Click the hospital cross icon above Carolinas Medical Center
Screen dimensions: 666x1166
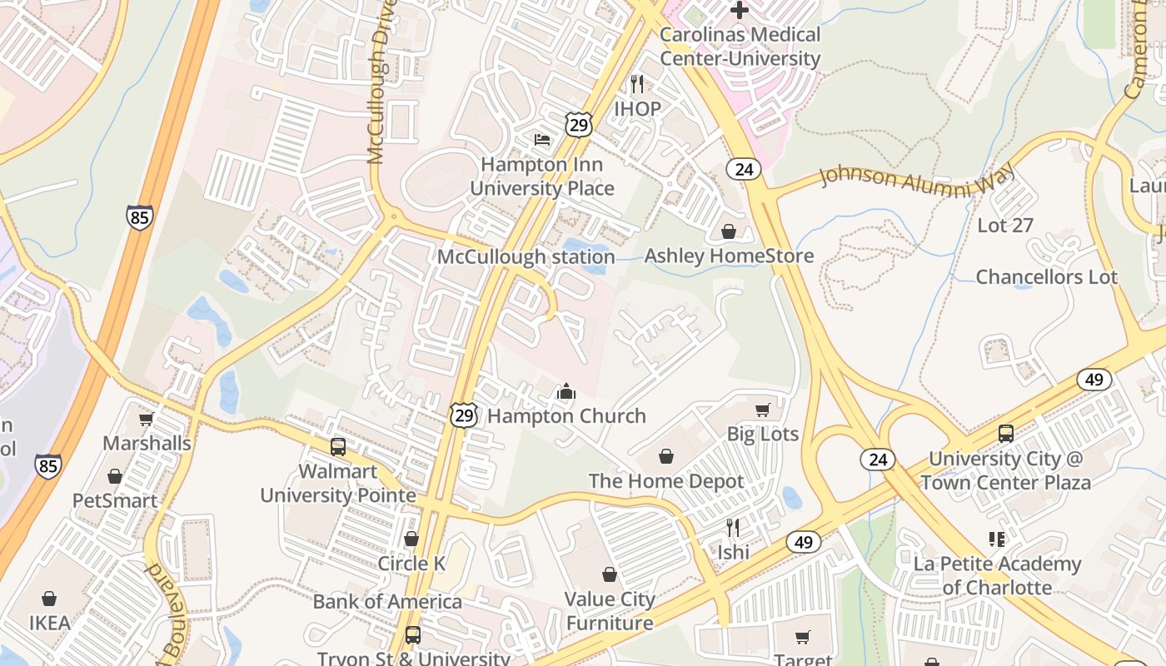739,11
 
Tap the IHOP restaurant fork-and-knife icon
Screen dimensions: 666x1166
637,84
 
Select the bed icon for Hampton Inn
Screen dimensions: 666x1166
542,139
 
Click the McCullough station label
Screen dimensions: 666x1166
526,257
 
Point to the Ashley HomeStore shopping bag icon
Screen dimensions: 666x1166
729,231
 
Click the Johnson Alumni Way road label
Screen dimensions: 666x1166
917,177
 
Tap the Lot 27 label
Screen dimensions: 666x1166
1004,226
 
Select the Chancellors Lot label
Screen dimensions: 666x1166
1046,277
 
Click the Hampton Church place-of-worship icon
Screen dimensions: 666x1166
566,391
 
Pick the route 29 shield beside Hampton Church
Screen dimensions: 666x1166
464,415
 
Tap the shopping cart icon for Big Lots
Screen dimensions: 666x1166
762,410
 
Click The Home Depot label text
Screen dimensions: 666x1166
666,481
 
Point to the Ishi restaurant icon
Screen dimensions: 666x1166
733,528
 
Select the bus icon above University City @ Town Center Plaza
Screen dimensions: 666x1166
1005,434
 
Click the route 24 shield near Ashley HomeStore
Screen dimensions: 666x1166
744,170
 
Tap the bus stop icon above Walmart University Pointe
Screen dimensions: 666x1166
338,446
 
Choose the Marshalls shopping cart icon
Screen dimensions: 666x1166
147,419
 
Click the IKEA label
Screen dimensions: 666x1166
50,623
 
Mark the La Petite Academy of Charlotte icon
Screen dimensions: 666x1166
996,539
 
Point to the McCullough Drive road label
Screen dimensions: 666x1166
377,83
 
